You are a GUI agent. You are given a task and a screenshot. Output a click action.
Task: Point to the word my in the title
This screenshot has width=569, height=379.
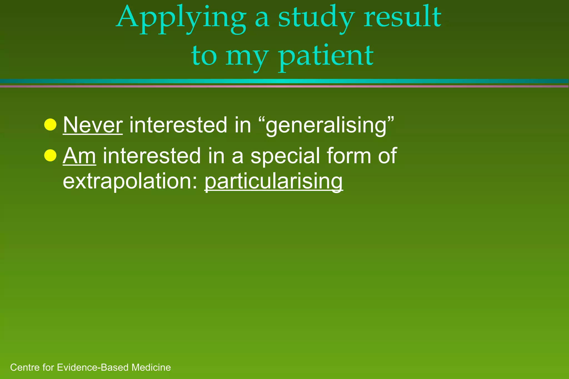[x=246, y=57]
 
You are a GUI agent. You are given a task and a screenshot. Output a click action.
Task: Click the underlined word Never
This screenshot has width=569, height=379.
[x=93, y=125]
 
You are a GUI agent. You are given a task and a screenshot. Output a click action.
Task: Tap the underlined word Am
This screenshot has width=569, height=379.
[x=79, y=156]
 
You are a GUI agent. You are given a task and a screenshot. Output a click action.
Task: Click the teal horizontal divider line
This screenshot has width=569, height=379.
[x=284, y=81]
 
